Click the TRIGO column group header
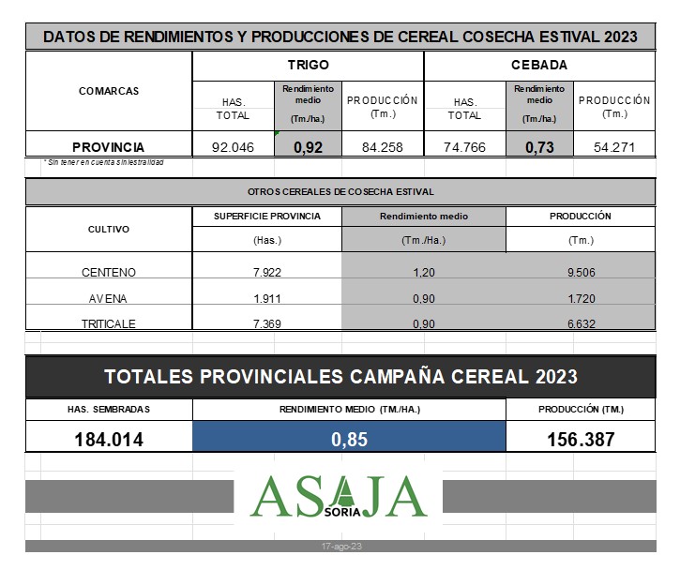click(x=308, y=66)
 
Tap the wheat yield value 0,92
click(x=308, y=147)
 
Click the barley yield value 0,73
click(x=539, y=147)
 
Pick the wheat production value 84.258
click(x=382, y=147)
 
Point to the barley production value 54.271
click(x=613, y=147)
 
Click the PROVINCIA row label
click(x=109, y=147)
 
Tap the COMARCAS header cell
click(x=109, y=91)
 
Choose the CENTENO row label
click(x=109, y=273)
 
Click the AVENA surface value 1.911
click(x=267, y=298)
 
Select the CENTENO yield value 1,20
click(x=423, y=273)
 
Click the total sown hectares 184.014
click(x=109, y=439)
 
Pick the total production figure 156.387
click(x=581, y=439)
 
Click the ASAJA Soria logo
click(x=339, y=496)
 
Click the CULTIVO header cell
click(x=109, y=229)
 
